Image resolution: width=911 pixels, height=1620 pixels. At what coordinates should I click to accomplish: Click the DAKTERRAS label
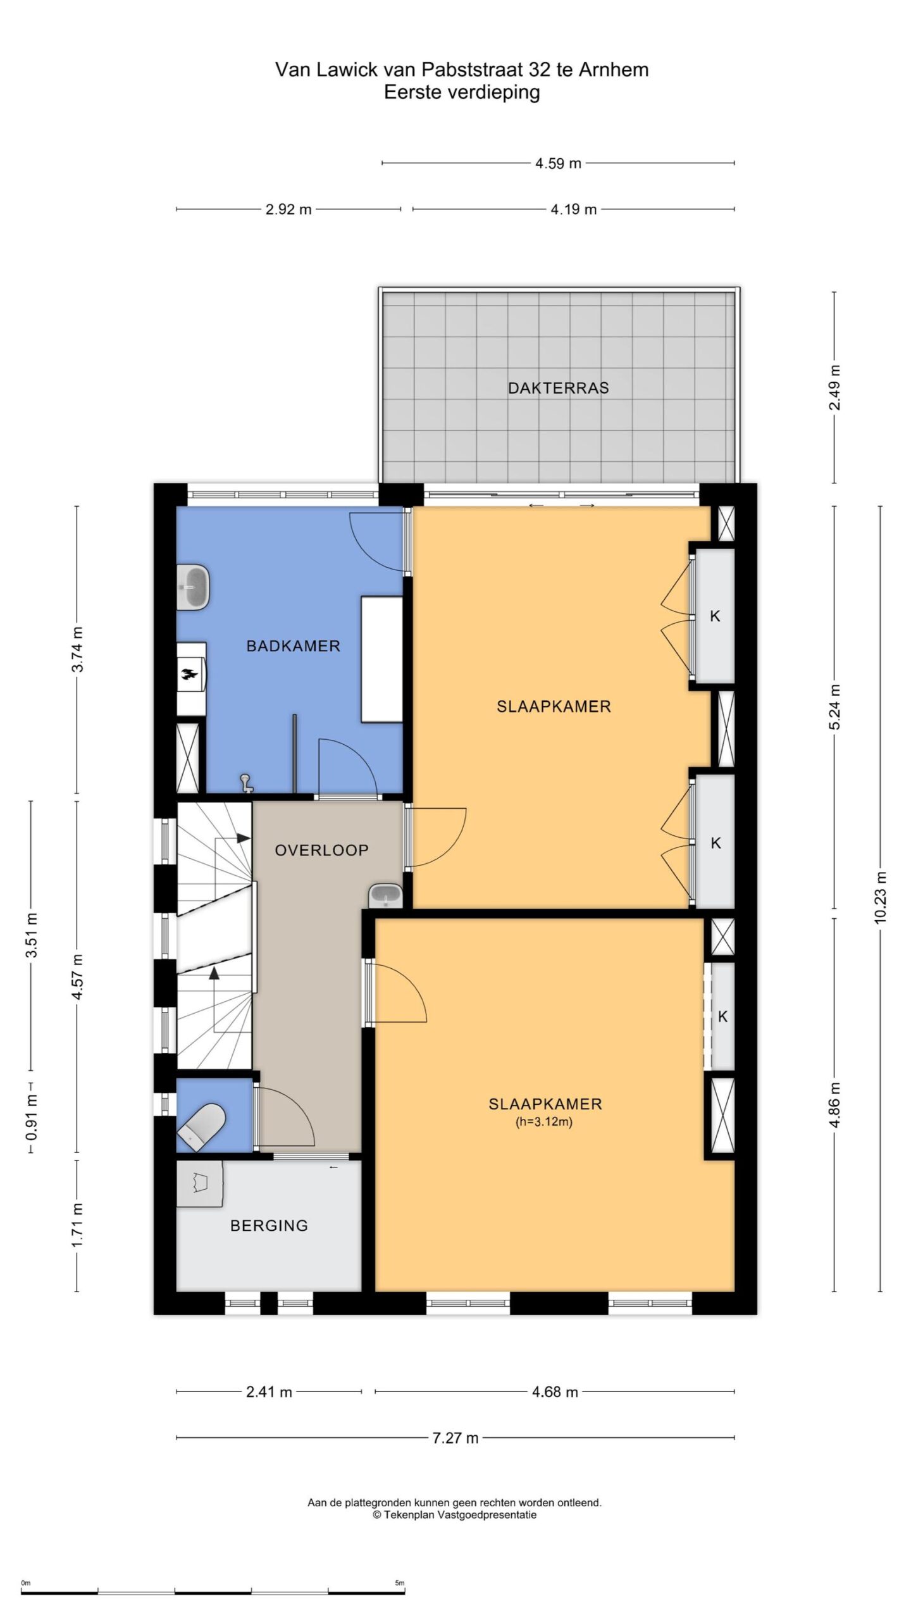click(x=558, y=388)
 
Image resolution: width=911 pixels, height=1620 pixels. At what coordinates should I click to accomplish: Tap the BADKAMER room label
click(x=293, y=646)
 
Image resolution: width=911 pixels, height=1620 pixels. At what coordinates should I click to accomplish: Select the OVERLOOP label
click(x=321, y=850)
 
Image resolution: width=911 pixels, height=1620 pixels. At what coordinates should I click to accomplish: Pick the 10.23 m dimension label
click(x=881, y=897)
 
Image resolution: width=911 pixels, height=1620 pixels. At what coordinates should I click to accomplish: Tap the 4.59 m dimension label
click(x=558, y=163)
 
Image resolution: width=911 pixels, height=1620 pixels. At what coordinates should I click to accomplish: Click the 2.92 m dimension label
click(x=288, y=209)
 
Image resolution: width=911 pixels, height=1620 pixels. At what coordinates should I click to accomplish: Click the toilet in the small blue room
click(x=201, y=1128)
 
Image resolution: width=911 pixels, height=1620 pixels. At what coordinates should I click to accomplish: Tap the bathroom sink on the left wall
click(x=192, y=588)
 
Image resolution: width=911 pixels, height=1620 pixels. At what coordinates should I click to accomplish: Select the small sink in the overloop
click(x=385, y=895)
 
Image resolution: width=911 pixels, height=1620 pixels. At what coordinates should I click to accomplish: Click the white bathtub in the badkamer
click(x=382, y=659)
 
